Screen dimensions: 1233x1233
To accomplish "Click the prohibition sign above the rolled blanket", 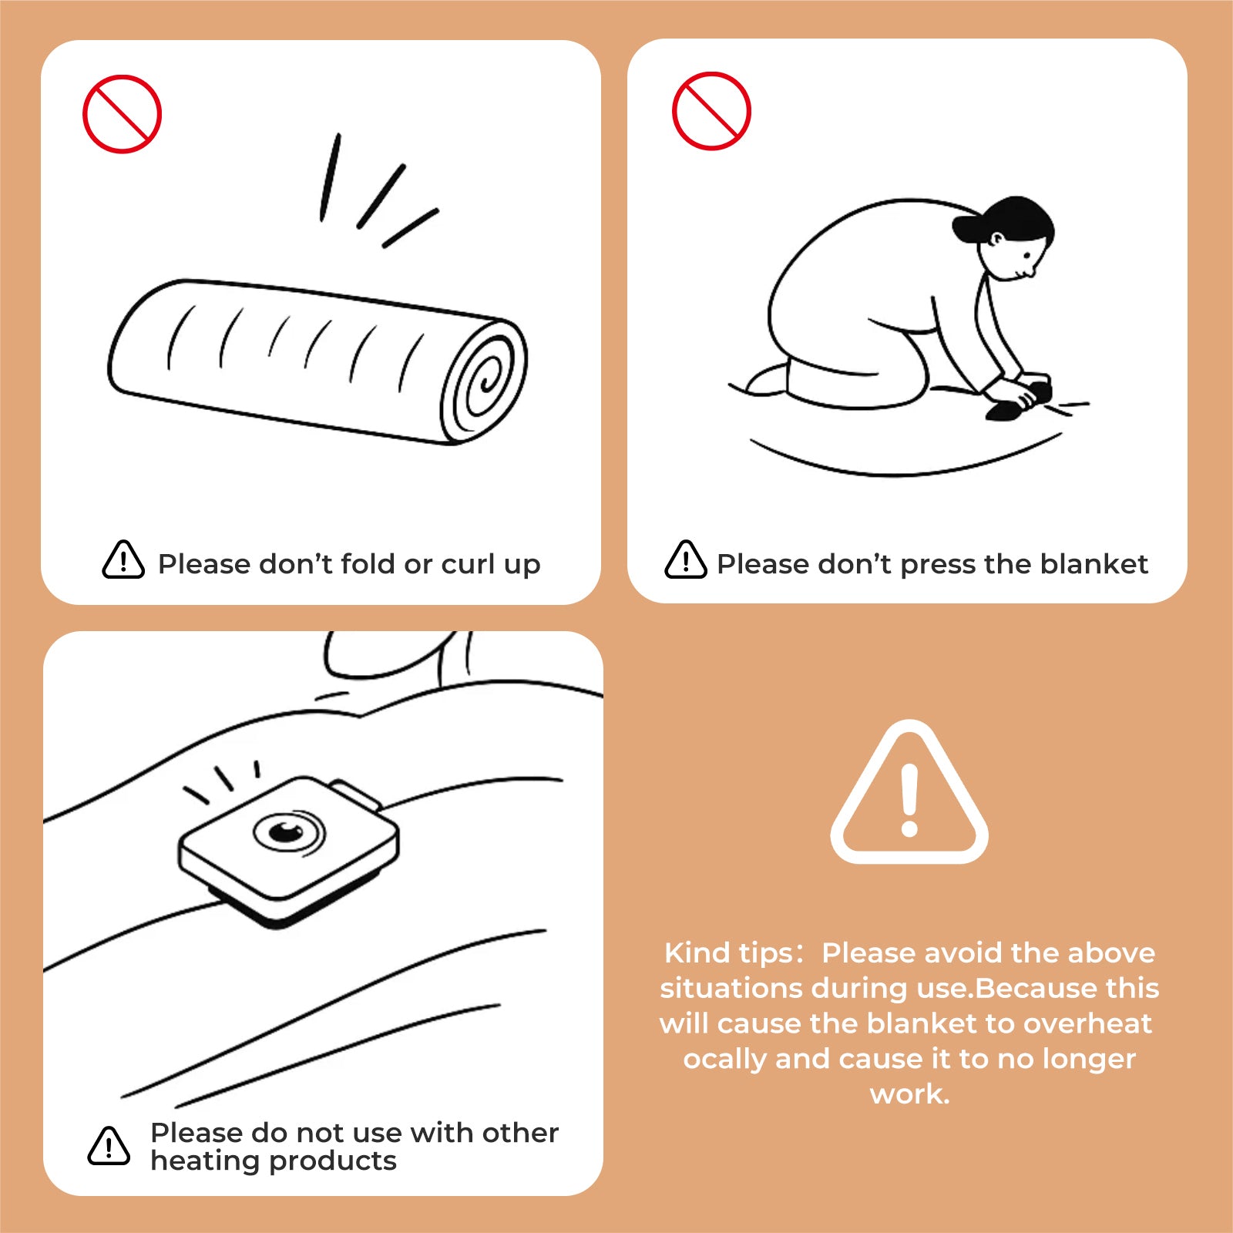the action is (x=122, y=114).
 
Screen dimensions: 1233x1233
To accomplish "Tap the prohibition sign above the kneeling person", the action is (x=711, y=111).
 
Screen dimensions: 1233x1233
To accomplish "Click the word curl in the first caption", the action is (x=468, y=564).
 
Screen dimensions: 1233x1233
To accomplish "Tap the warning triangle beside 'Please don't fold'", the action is (x=123, y=559).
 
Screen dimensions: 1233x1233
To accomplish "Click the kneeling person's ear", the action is (x=996, y=240).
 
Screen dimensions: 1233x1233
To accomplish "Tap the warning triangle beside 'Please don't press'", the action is (x=686, y=559).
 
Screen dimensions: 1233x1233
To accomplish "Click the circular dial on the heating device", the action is (x=289, y=832).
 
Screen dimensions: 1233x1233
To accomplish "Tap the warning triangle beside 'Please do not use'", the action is (x=109, y=1145).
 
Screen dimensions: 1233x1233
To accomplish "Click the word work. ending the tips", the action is (x=910, y=1094).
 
